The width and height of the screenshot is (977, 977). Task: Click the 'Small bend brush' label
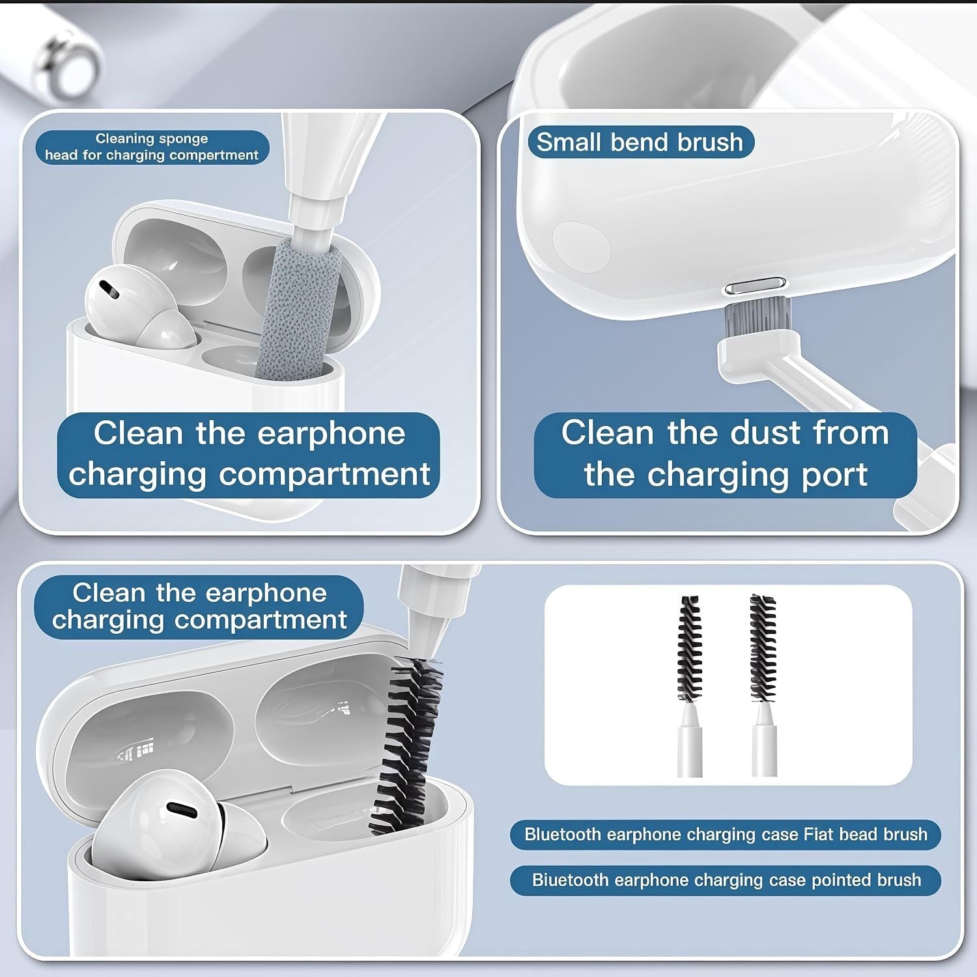[640, 142]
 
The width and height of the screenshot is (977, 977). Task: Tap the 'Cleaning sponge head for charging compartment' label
[152, 147]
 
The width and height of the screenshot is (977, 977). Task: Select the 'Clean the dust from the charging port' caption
[725, 454]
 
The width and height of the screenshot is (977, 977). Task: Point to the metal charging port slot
[755, 287]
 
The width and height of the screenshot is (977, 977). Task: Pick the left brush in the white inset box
[690, 684]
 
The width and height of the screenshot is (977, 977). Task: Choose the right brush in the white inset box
[763, 684]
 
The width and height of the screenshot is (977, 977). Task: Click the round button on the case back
[581, 248]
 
